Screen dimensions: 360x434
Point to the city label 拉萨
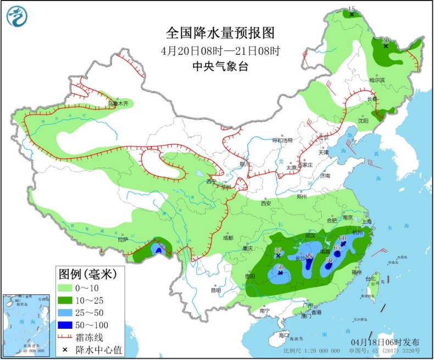pos(123,239)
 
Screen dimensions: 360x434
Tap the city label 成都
pos(228,238)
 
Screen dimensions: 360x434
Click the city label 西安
pos(266,203)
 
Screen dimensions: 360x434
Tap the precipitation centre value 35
pos(278,250)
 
